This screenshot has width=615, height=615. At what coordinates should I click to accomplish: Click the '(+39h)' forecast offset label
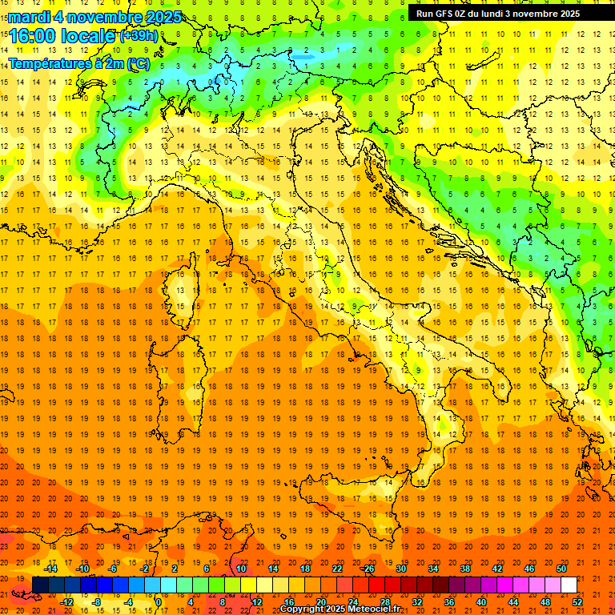[x=139, y=35]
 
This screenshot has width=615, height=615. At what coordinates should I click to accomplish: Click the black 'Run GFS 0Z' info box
[x=498, y=13]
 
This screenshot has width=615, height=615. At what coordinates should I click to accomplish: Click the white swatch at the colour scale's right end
[x=569, y=585]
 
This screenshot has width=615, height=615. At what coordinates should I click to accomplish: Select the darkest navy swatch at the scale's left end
[x=40, y=585]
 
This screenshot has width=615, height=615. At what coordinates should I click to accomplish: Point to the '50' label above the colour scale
[x=561, y=569]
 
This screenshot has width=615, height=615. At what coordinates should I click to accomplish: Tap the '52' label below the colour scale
[x=577, y=602]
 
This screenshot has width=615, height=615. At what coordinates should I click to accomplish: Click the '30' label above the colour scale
[x=400, y=569]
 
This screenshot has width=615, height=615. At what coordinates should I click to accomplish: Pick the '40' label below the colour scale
[x=481, y=602]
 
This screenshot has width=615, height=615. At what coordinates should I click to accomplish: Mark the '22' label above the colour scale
[x=337, y=569]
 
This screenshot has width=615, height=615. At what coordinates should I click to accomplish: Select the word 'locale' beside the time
[x=88, y=36]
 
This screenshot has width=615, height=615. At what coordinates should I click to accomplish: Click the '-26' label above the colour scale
[x=368, y=569]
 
